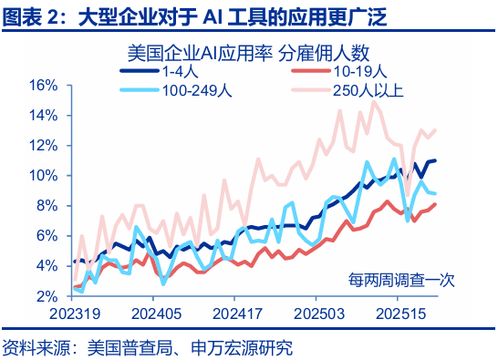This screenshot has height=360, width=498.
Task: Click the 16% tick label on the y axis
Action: pyautogui.click(x=44, y=85)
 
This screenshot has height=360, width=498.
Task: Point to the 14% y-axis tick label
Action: pyautogui.click(x=44, y=115)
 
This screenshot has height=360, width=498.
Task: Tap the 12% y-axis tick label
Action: pyautogui.click(x=44, y=145)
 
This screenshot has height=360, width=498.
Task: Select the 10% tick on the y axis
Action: pyautogui.click(x=44, y=175)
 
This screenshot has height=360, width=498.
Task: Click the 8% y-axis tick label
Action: pyautogui.click(x=47, y=205)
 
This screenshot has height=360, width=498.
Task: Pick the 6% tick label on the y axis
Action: pyautogui.click(x=47, y=235)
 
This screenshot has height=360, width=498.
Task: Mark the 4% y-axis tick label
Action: pyautogui.click(x=47, y=265)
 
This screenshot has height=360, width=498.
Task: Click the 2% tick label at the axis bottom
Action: pyautogui.click(x=47, y=296)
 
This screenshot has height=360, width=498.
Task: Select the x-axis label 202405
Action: pyautogui.click(x=153, y=313)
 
